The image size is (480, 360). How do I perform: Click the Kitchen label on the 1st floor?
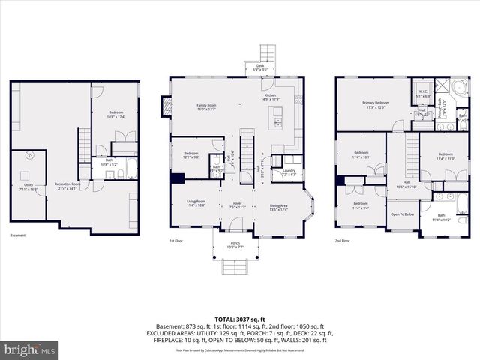[270, 96]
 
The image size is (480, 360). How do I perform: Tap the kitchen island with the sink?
[277, 117]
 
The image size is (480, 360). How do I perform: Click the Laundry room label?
[288, 172]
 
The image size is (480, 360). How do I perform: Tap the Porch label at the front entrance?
[235, 244]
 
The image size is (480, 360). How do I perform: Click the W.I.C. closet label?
[422, 94]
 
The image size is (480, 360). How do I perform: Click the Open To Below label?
[403, 214]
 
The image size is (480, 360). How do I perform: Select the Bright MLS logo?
[28, 349]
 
